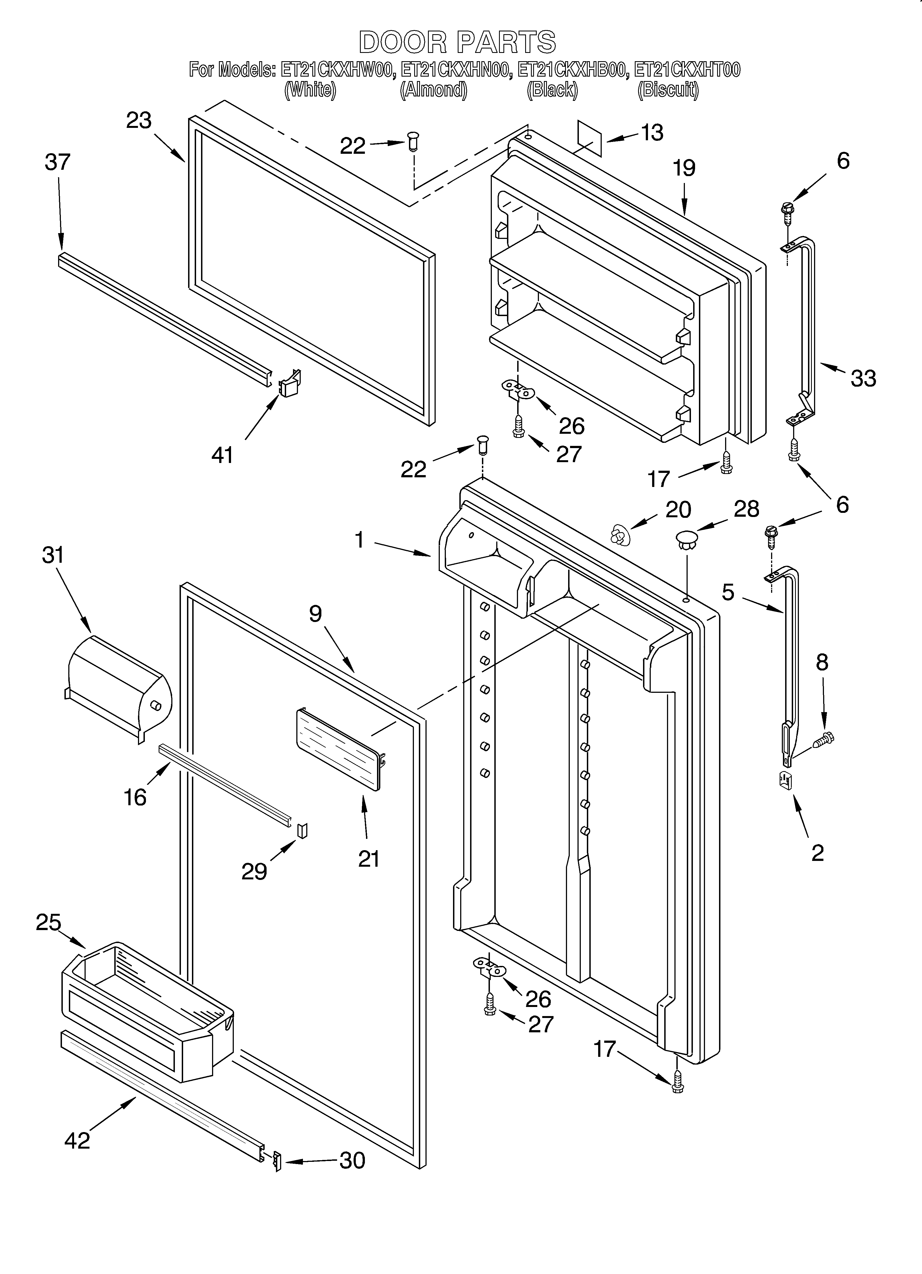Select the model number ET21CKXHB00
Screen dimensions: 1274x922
point(571,70)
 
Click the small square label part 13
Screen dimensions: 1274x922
point(590,138)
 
